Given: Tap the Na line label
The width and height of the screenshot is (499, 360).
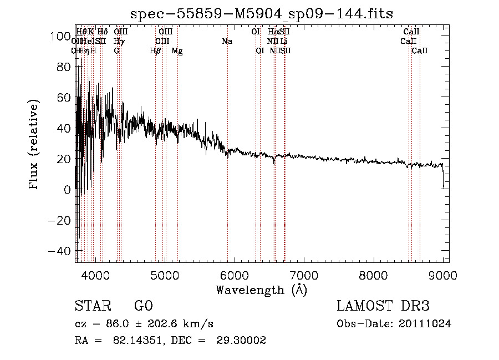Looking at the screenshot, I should point(227,41).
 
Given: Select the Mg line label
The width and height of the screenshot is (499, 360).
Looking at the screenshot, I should point(177,50).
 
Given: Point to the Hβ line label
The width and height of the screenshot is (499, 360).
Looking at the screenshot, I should point(156,50).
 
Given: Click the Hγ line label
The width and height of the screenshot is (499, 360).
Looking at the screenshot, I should point(119,41).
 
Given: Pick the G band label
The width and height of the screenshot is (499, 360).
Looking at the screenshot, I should point(116,50).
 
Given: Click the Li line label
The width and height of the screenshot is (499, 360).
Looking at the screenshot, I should point(284,41).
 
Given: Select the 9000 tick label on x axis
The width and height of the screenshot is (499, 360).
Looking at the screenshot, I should point(443,275).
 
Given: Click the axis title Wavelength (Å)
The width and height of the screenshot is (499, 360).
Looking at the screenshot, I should point(261,290).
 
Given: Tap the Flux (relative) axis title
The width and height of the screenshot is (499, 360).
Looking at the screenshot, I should point(34,145).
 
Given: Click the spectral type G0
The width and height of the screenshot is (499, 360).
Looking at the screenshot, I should point(143,306).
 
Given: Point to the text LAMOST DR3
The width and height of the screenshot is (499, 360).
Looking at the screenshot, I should point(383,306).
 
